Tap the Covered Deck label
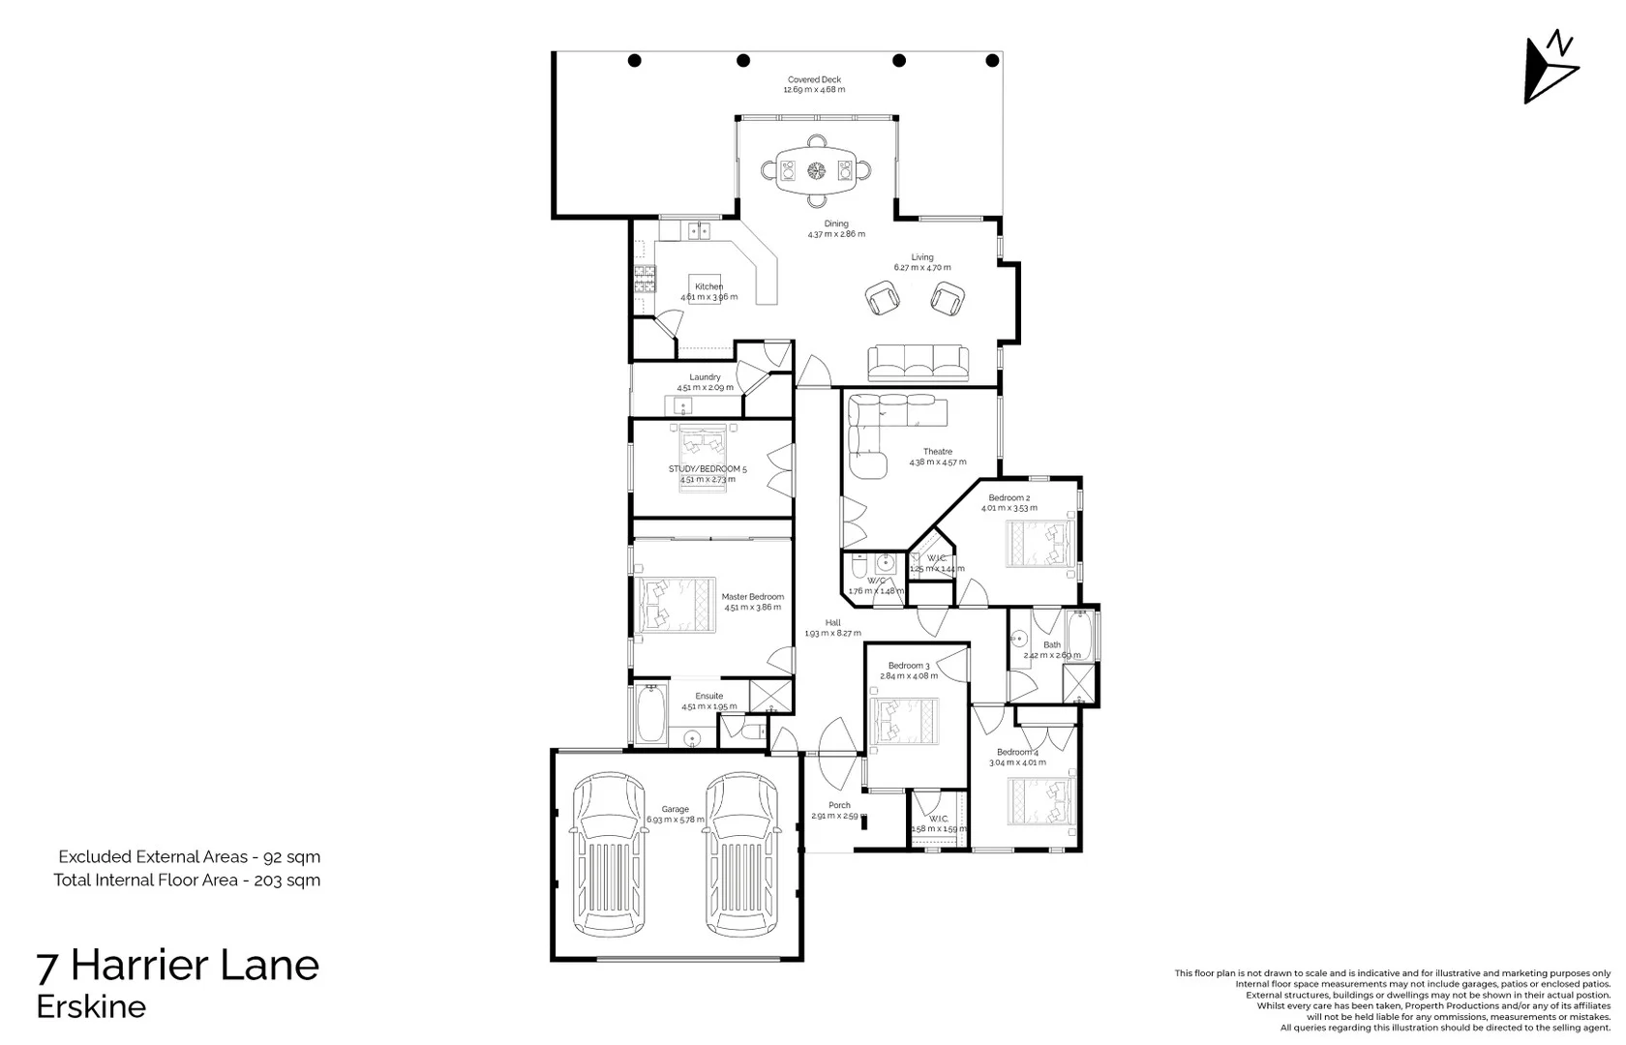814,80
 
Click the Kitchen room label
708,286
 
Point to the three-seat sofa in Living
918,363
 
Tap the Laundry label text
705,377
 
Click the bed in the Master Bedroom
676,605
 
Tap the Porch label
839,805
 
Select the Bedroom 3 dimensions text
909,676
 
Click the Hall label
832,623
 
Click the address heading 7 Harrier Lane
177,965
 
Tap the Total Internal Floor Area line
187,880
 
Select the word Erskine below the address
91,1006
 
